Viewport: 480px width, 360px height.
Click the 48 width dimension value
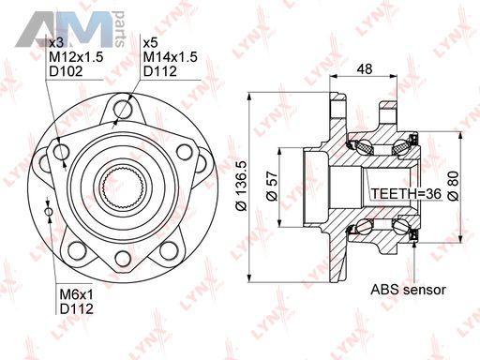[x=364, y=68]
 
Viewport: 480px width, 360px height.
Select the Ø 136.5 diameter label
[x=242, y=186]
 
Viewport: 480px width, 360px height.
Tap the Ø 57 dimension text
[x=272, y=186]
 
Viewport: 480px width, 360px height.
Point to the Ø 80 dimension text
[x=453, y=186]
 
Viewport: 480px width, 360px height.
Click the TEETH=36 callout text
[x=406, y=194]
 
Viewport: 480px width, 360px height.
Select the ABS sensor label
[x=408, y=290]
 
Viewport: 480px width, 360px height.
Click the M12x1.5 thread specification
[x=76, y=57]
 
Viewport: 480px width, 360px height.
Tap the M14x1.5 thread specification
[x=171, y=57]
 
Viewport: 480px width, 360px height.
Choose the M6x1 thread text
[x=77, y=294]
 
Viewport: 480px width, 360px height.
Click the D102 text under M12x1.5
[x=66, y=71]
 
